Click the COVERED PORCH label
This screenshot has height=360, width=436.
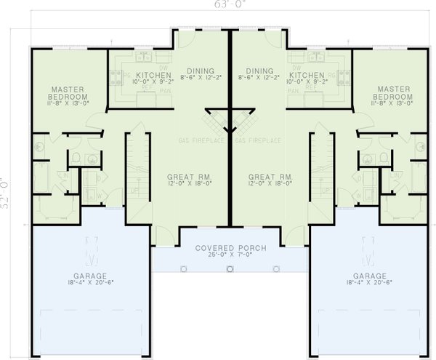coord(230,249)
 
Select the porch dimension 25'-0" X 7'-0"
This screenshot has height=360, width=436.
coord(230,256)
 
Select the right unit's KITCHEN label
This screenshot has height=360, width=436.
coord(306,75)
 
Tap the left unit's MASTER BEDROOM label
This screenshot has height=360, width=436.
coord(69,92)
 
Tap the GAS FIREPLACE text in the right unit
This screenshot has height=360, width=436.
coord(259,139)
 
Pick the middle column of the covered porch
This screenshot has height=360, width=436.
coord(230,268)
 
